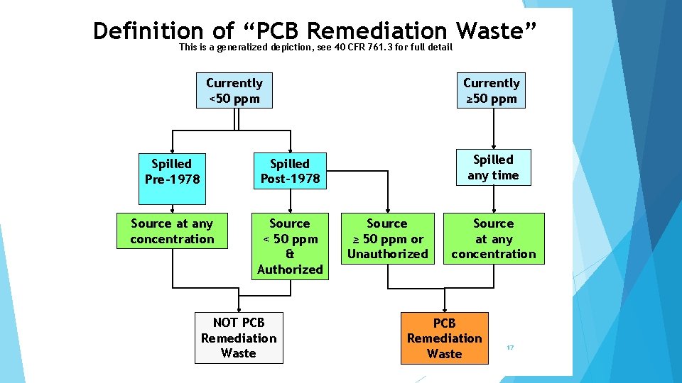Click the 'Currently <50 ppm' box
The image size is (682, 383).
click(x=234, y=91)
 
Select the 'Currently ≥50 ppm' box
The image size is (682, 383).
click(x=491, y=91)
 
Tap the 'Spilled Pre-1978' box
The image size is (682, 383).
click(x=172, y=171)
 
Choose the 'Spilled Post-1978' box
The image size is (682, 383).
click(x=289, y=171)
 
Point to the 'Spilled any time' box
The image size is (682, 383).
click(x=493, y=167)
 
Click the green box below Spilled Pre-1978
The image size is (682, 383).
click(x=172, y=231)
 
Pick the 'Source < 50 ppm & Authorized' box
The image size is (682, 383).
click(x=289, y=246)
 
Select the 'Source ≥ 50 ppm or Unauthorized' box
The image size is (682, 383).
click(x=387, y=238)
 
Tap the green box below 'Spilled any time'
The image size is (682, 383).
click(x=493, y=238)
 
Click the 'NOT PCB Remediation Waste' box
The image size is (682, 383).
click(x=239, y=338)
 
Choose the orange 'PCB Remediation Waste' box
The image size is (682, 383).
click(x=444, y=338)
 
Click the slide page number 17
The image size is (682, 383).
click(x=510, y=348)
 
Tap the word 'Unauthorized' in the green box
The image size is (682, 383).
click(x=387, y=254)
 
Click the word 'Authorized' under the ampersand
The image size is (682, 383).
click(x=290, y=269)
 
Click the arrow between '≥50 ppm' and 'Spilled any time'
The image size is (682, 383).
click(x=491, y=128)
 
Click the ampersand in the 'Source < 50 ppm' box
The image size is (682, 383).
click(x=290, y=254)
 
